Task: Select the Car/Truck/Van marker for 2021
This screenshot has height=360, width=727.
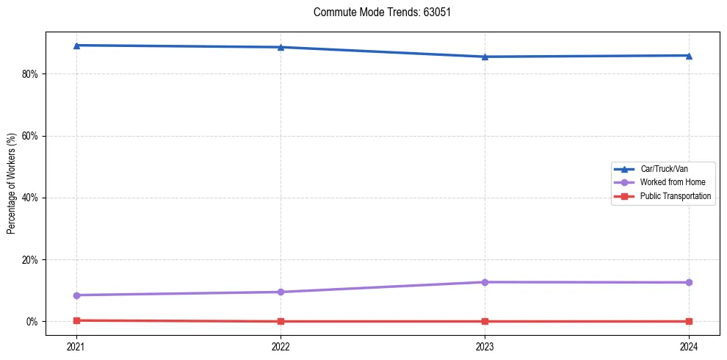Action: (76, 46)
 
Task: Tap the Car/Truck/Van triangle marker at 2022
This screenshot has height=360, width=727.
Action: (281, 47)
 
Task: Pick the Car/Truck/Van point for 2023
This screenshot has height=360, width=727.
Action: (485, 57)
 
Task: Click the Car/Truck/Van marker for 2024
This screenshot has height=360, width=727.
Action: (689, 55)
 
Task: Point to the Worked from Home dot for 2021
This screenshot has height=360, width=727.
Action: (76, 295)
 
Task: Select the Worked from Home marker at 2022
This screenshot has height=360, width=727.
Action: (281, 292)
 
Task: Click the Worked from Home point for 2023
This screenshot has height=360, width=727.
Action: (485, 282)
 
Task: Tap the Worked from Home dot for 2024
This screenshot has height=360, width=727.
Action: (689, 282)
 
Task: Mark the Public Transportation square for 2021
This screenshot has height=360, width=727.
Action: (76, 320)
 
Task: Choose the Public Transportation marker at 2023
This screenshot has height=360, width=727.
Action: (485, 321)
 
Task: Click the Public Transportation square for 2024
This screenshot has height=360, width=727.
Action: (689, 321)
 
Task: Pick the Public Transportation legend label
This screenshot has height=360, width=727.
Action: (676, 196)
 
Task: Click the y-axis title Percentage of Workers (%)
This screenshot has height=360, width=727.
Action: (12, 184)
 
